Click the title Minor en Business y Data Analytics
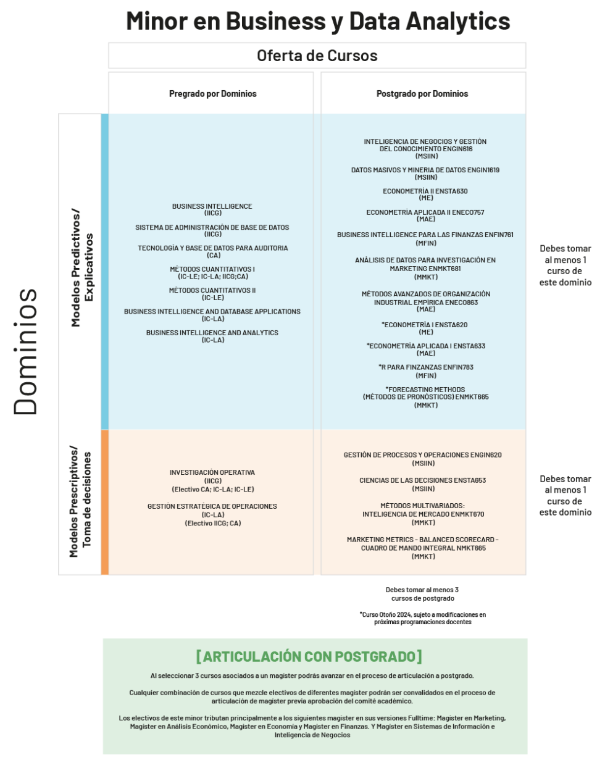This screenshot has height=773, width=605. (x=318, y=21)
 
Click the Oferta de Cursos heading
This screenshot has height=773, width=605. (x=317, y=56)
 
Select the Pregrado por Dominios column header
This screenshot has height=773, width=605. (x=212, y=94)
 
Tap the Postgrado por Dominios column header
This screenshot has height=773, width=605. (x=422, y=94)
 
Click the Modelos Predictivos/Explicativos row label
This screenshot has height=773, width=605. (x=82, y=267)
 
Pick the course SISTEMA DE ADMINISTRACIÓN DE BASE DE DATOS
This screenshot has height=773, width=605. (x=212, y=227)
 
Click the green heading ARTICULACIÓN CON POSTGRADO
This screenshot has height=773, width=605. (x=309, y=656)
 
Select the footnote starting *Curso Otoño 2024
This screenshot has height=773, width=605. (x=423, y=618)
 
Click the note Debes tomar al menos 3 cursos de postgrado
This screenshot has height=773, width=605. (x=422, y=594)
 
